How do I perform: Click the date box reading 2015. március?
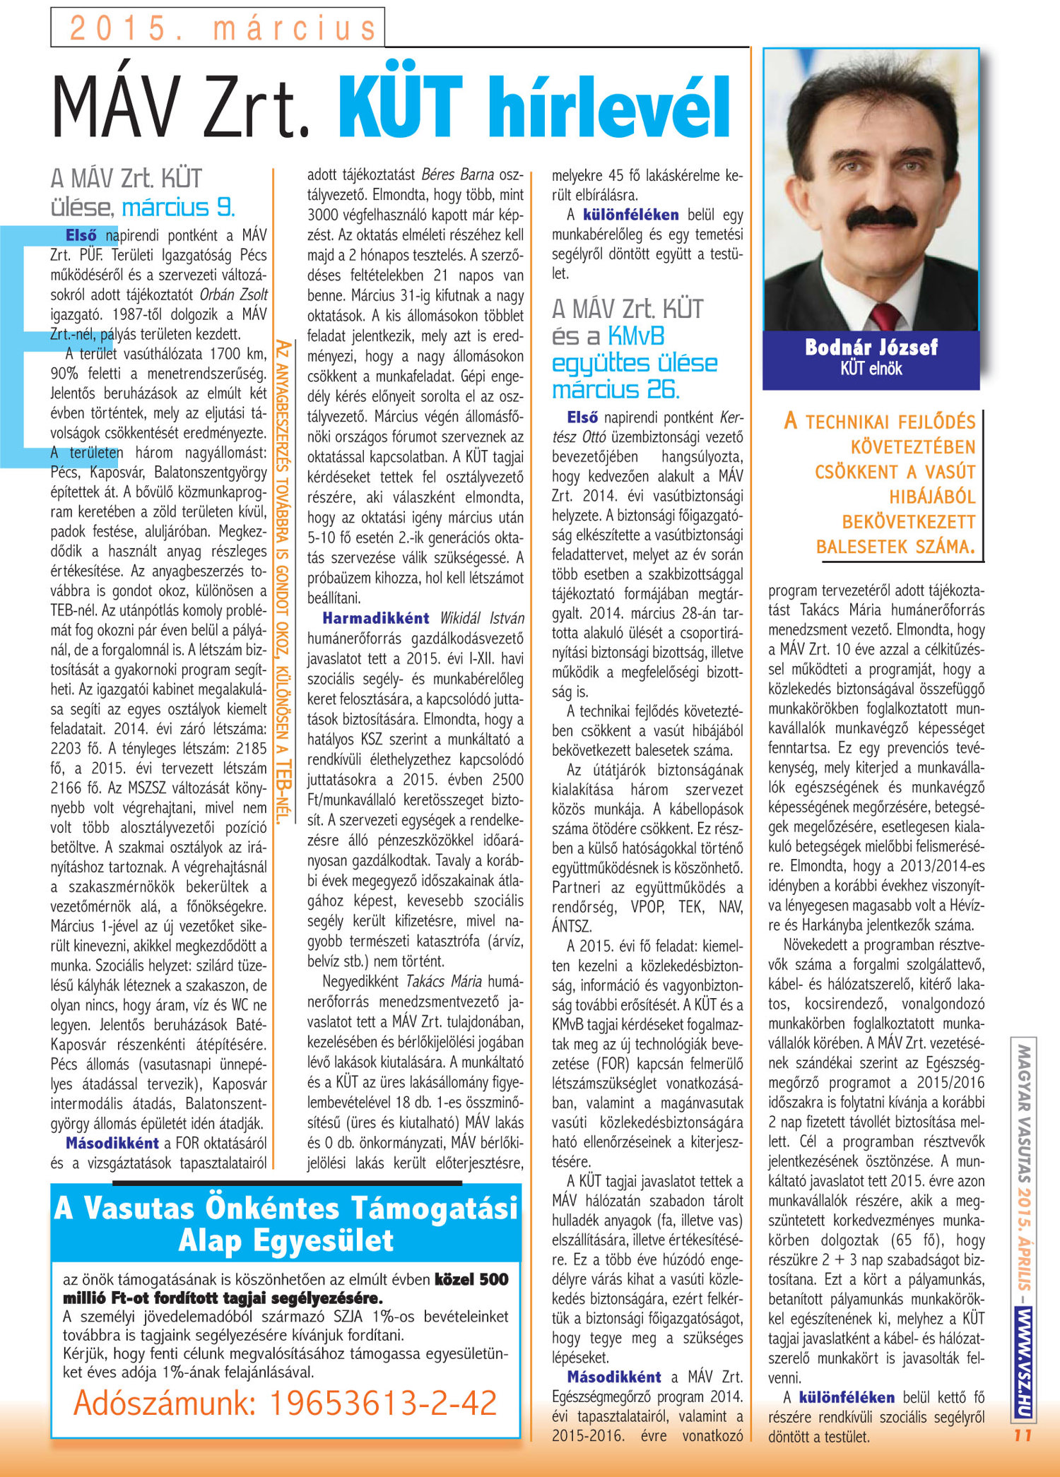218,28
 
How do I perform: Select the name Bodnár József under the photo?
871,348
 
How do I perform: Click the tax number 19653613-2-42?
383,1403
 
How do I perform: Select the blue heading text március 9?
178,208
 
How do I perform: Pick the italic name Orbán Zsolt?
233,295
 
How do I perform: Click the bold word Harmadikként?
375,618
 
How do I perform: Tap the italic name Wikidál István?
482,619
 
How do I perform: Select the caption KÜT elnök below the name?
871,368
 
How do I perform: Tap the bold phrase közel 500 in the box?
471,1279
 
